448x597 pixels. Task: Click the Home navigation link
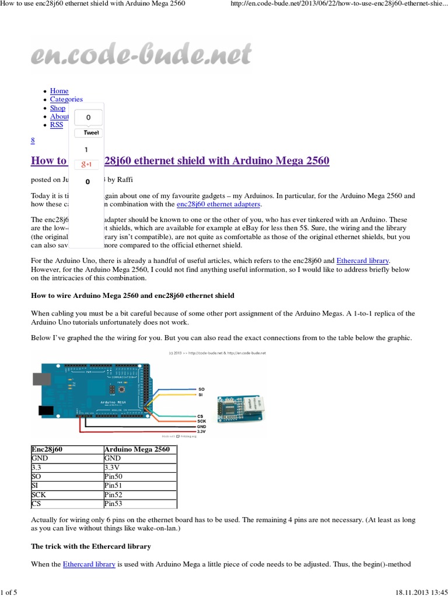(59, 91)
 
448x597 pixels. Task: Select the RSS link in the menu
(57, 125)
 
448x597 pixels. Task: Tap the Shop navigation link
(58, 108)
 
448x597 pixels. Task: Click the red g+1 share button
(87, 165)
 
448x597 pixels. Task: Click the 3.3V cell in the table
(113, 467)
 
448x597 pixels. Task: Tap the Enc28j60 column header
(50, 449)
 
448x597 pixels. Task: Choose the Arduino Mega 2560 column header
(137, 449)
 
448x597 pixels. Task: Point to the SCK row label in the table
(38, 493)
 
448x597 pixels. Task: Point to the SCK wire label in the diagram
(202, 421)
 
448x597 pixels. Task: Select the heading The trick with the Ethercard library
(91, 546)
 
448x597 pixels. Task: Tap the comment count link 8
(33, 141)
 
